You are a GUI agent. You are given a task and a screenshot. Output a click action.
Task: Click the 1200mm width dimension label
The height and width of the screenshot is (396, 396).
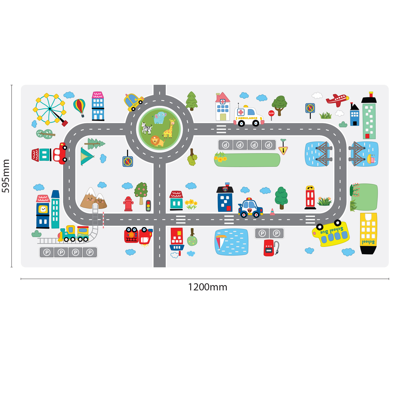point(208,287)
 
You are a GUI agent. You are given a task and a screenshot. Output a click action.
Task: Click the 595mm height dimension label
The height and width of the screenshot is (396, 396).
point(6,176)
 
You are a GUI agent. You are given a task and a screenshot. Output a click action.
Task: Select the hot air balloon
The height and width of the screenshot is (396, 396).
point(79,106)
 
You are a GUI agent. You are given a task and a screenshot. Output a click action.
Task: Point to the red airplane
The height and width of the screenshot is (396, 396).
point(337,100)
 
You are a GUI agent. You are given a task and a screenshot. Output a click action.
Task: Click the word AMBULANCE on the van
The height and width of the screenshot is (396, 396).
point(248,118)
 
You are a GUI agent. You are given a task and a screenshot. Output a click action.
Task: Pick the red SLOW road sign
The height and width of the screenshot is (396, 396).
point(271,113)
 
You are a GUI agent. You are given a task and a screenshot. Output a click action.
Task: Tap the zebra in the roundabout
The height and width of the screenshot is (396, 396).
point(147,128)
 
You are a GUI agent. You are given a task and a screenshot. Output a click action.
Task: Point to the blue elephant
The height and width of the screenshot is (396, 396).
point(160,117)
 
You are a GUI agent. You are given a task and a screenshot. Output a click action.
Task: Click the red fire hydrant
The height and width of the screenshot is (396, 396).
point(128,204)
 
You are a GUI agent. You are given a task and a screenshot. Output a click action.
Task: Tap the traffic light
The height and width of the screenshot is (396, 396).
point(148,206)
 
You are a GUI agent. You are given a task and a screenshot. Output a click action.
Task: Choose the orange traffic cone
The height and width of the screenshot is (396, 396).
point(272,212)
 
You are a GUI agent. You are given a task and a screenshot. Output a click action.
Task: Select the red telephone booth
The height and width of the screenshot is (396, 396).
point(310,198)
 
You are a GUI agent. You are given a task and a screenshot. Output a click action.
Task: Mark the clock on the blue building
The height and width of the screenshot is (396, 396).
point(43,209)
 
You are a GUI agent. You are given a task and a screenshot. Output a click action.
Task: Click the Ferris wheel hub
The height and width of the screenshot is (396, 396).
point(50,109)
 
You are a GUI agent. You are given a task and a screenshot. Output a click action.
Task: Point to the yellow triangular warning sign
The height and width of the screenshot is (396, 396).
point(283,150)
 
